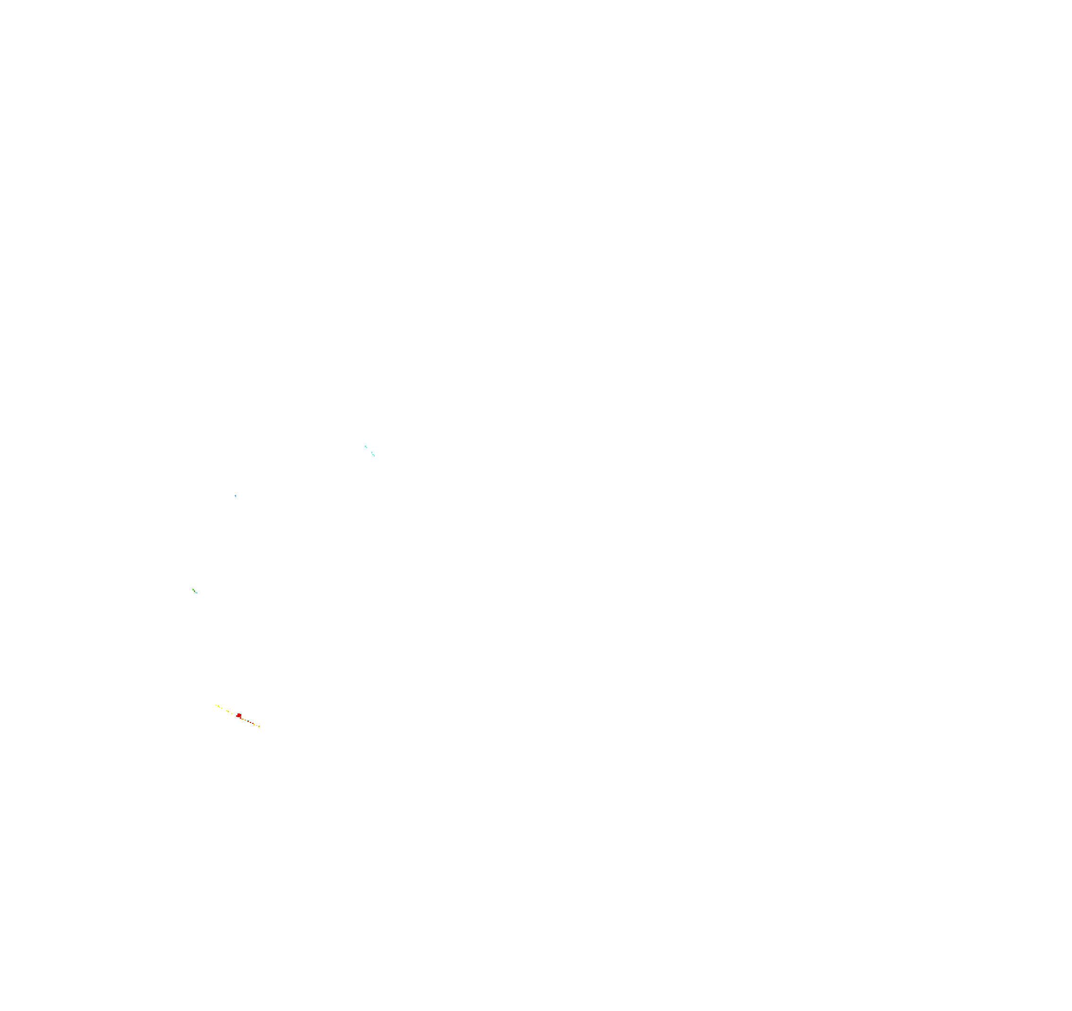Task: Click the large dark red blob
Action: click(x=239, y=715)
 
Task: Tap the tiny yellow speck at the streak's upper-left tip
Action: click(x=216, y=705)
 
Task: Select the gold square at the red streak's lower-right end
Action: click(x=259, y=726)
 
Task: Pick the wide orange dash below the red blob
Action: click(x=243, y=719)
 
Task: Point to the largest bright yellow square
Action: click(x=219, y=706)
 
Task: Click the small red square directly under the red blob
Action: click(x=240, y=718)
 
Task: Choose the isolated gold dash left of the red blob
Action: click(x=232, y=714)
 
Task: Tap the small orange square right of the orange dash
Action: click(x=246, y=721)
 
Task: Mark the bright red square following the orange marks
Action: click(x=248, y=721)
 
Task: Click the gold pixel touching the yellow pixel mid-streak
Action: click(x=228, y=712)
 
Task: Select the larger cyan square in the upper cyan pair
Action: click(x=366, y=447)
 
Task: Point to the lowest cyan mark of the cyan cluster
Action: click(x=375, y=456)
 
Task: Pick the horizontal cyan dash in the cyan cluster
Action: click(x=373, y=455)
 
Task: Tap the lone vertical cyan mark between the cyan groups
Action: click(x=372, y=453)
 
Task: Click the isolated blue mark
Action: click(x=235, y=495)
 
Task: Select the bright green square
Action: click(x=193, y=590)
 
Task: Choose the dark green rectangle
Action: click(x=194, y=591)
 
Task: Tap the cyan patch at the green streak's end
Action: click(x=196, y=593)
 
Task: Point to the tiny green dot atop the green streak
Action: click(x=193, y=589)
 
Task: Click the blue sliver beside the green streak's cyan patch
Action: click(x=197, y=593)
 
